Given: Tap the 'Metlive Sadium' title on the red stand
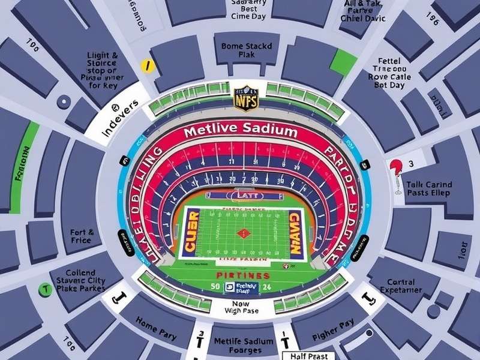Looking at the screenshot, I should [x=239, y=130].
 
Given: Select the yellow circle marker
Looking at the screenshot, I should [x=145, y=65].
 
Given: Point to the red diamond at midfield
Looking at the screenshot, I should [x=242, y=233].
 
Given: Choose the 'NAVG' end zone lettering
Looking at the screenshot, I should [x=295, y=233].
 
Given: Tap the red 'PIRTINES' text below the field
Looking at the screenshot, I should [x=242, y=275].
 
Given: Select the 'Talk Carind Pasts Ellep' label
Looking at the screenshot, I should [x=430, y=189].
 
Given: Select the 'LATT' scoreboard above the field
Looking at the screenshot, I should [x=242, y=195].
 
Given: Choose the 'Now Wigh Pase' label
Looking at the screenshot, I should [x=241, y=308].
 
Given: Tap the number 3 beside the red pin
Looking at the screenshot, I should [x=411, y=164].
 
